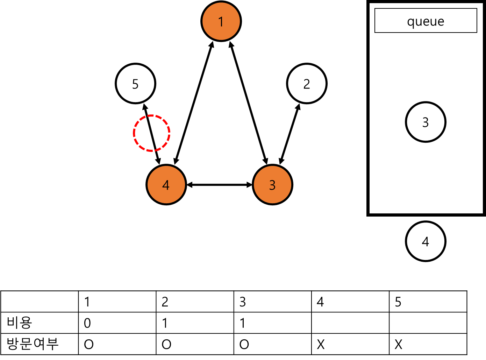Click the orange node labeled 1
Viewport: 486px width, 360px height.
pos(221,21)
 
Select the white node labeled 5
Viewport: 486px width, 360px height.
pos(135,84)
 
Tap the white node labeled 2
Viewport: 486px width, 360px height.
pos(307,84)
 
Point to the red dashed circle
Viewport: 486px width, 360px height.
pos(152,133)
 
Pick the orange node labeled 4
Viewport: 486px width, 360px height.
pos(166,185)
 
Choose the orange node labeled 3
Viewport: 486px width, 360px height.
pos(272,185)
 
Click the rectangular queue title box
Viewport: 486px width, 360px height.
pos(426,21)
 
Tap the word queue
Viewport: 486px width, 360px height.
pos(426,22)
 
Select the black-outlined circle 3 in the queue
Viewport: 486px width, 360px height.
pos(426,122)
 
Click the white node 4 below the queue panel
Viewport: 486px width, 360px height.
pos(426,241)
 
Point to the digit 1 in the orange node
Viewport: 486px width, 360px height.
pos(221,22)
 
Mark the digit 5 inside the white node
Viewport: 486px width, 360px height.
pos(135,84)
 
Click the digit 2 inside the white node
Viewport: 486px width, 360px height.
pos(307,84)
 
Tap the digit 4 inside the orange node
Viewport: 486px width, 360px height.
pos(166,185)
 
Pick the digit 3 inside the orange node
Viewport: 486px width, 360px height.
pos(272,185)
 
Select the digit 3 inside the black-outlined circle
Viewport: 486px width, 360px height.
pos(426,122)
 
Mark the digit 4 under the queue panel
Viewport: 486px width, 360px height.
pos(426,242)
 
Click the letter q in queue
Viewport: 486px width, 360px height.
pos(411,22)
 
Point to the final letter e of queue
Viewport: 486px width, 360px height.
pos(441,22)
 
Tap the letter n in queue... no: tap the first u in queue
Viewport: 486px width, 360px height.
pos(419,22)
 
